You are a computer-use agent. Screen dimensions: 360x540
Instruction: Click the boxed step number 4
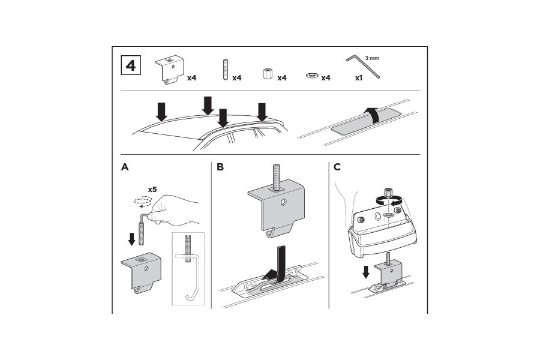point(131,65)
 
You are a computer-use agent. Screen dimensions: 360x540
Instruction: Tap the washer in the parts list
point(312,76)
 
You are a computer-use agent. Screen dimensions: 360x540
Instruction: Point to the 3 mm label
point(373,58)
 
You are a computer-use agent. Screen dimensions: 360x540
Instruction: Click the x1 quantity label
point(359,78)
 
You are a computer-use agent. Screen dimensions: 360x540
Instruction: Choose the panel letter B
point(220,167)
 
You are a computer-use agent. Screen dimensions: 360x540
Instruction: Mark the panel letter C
point(337,167)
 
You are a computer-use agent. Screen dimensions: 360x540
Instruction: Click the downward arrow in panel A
point(131,239)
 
